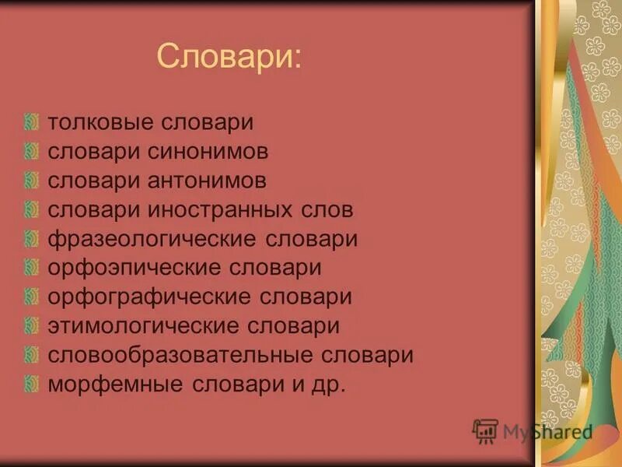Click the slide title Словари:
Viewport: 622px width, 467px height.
(229, 57)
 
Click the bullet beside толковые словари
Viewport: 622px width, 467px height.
(31, 122)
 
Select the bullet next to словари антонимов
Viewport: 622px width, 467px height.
(31, 181)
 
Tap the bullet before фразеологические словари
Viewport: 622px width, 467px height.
(31, 238)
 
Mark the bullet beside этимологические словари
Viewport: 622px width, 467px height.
(31, 325)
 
